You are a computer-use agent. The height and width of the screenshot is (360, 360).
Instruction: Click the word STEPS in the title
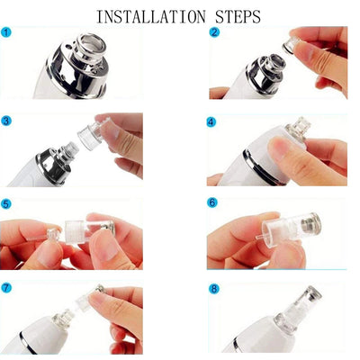[232, 16]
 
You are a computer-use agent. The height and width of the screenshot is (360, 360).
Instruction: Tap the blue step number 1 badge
[9, 33]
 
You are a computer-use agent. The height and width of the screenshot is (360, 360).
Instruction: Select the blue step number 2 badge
[214, 33]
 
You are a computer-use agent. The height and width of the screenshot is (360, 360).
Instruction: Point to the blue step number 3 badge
[9, 120]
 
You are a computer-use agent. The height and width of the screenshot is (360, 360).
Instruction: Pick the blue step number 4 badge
[212, 120]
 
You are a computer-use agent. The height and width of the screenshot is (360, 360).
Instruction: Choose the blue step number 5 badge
[9, 204]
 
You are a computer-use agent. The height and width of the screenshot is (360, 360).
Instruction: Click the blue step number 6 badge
[212, 204]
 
